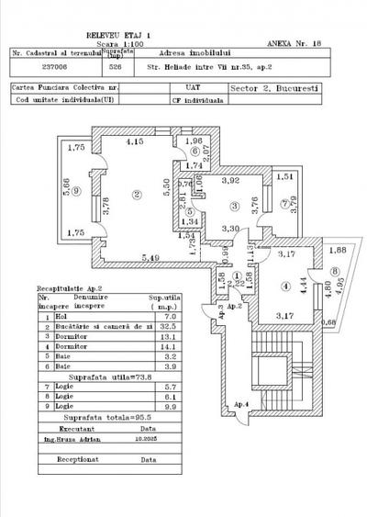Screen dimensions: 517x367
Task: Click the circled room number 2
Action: (136, 193)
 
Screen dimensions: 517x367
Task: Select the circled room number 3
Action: (235, 207)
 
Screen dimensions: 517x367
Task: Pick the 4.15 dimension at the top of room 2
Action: (135, 142)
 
